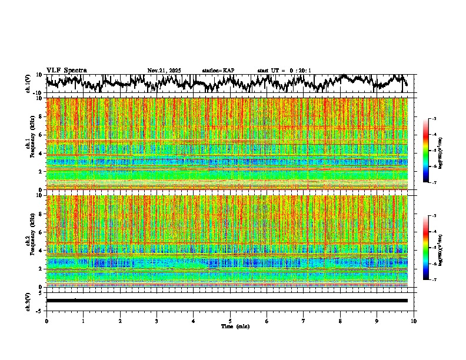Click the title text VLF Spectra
pyautogui.click(x=66, y=70)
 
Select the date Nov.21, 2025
pyautogui.click(x=164, y=71)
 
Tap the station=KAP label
pyautogui.click(x=218, y=71)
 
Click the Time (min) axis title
pyautogui.click(x=235, y=326)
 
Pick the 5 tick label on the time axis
pyautogui.click(x=230, y=321)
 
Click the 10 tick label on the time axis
pyautogui.click(x=414, y=321)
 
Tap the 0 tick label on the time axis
pyautogui.click(x=46, y=321)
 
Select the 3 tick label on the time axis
pyautogui.click(x=157, y=321)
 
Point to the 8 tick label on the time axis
pyautogui.click(x=340, y=321)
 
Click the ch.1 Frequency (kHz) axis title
pyautogui.click(x=30, y=144)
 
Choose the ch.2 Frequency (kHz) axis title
pyautogui.click(x=30, y=241)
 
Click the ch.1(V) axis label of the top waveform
pyautogui.click(x=28, y=84)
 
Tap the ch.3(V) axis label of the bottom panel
pyautogui.click(x=28, y=300)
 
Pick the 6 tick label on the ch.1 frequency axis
pyautogui.click(x=41, y=135)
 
